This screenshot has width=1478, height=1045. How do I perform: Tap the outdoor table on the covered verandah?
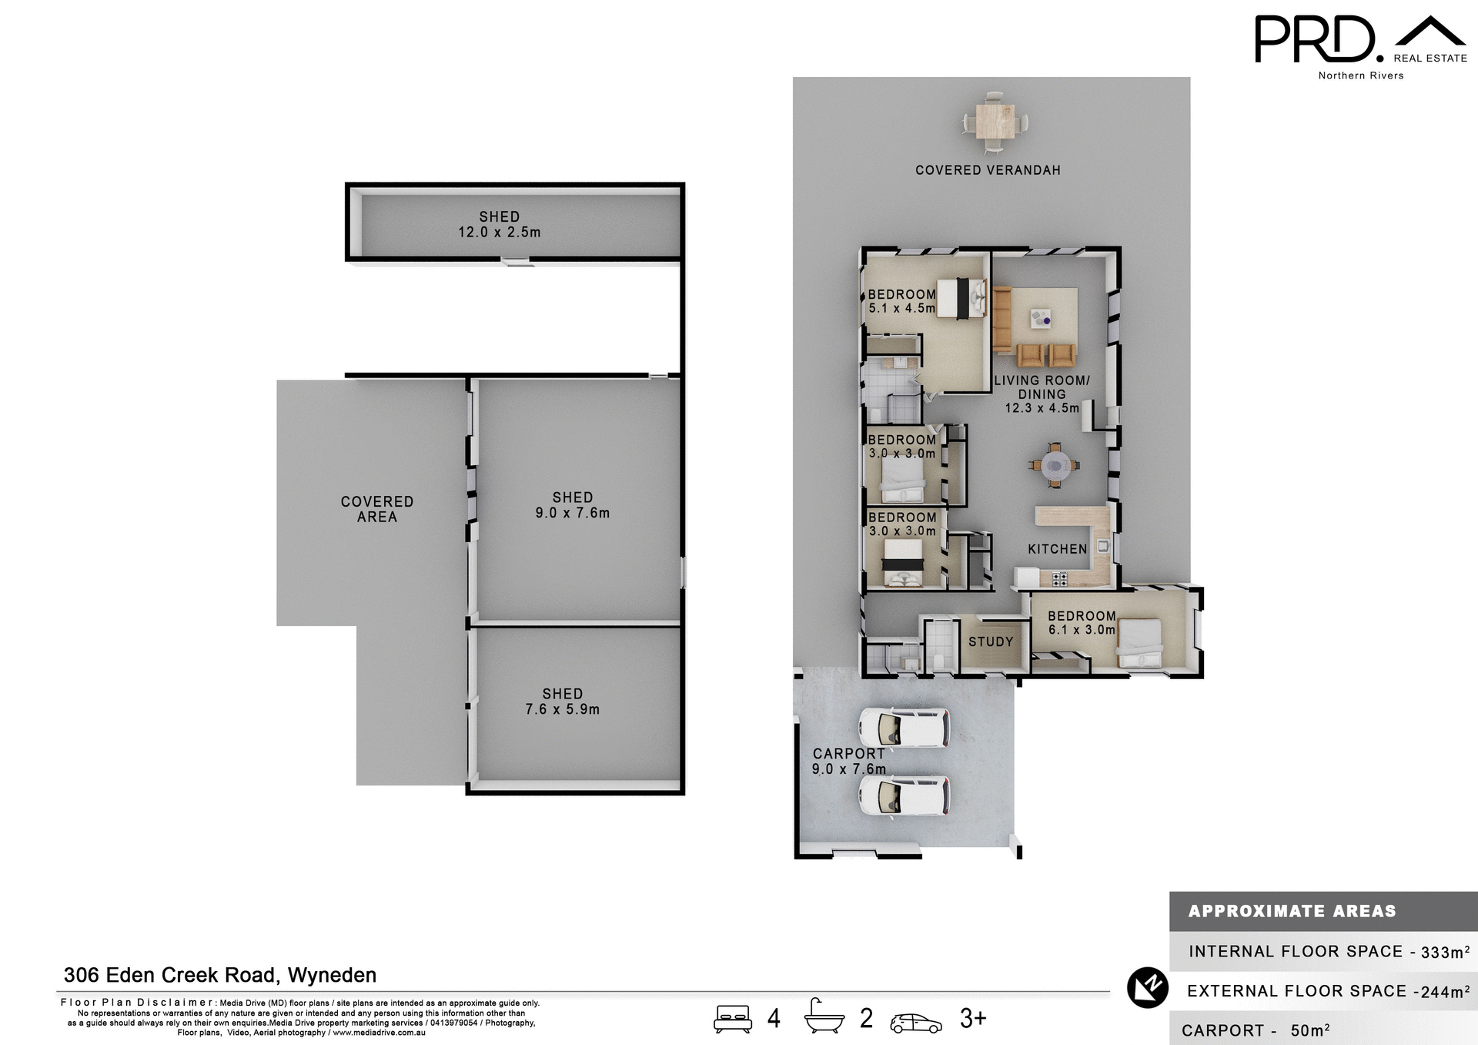point(995,122)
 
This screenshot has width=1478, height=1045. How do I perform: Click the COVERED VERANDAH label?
point(988,170)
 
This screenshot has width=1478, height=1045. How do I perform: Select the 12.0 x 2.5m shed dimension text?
point(500,233)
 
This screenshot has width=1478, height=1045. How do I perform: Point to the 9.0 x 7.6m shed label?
point(572,506)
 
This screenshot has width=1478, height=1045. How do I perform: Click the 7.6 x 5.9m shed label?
point(562,702)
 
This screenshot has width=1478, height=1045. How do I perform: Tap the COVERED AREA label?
point(376,509)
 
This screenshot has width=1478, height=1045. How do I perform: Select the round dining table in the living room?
point(1054,465)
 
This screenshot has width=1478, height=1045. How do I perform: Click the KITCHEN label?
point(1057,549)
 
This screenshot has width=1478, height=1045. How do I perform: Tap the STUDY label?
point(990,641)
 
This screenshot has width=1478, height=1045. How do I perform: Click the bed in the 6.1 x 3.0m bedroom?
point(1139,642)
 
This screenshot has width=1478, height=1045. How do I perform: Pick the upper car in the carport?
point(904,727)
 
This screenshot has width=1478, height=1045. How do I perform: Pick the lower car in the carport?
point(904,795)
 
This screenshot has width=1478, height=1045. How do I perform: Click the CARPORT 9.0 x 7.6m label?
point(848,761)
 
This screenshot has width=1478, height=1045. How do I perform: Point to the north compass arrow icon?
point(1148,987)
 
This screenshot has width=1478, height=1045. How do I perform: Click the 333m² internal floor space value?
point(1445,953)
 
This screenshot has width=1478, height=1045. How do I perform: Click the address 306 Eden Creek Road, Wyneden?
point(220,975)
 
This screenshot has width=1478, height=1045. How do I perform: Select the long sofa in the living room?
point(1001,318)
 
